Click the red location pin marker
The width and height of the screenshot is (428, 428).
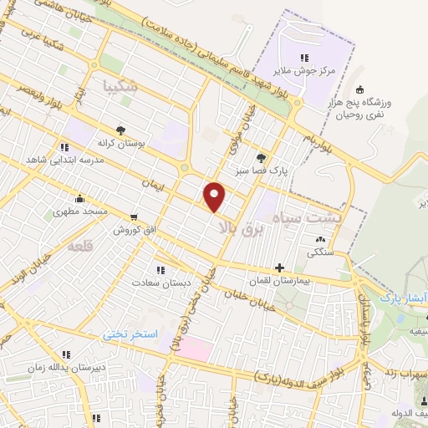point(215,196)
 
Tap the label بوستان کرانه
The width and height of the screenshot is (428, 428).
point(122,143)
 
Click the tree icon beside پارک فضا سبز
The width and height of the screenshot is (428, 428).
point(262,156)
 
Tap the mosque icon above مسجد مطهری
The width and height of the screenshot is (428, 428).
point(79,199)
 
